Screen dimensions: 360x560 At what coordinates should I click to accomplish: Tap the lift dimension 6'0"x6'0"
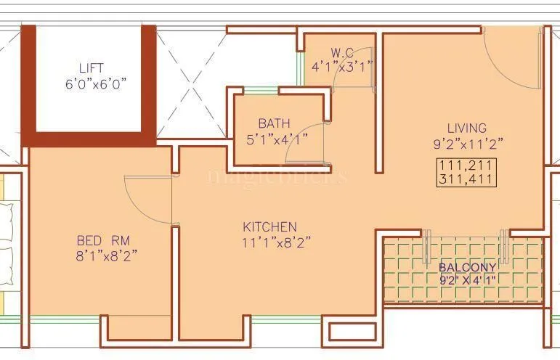click(x=96, y=83)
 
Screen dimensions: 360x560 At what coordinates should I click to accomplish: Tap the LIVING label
click(x=467, y=128)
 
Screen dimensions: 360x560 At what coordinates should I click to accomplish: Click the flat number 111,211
click(x=467, y=165)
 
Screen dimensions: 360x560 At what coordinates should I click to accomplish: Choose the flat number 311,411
click(x=467, y=178)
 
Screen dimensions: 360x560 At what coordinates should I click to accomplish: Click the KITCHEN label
click(x=269, y=226)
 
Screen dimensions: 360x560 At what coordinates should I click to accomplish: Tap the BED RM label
click(x=103, y=240)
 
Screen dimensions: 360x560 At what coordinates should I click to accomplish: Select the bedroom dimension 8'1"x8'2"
click(x=107, y=255)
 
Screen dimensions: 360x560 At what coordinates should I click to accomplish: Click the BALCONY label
click(x=467, y=267)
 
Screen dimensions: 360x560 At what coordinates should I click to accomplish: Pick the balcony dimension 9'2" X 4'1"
click(x=467, y=279)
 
